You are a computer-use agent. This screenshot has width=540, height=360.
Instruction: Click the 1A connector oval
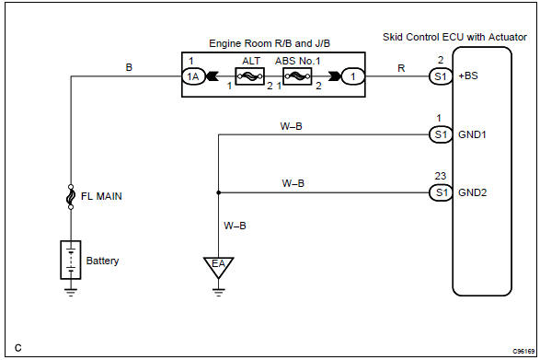coord(191,78)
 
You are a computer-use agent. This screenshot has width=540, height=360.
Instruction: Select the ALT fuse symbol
coord(250,78)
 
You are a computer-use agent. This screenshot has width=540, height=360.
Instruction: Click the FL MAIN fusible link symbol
coord(71,196)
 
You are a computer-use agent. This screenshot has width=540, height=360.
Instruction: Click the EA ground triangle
coord(218,268)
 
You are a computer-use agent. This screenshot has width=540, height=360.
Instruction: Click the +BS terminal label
coord(468,78)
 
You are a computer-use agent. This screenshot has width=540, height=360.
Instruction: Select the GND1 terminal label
coord(472,134)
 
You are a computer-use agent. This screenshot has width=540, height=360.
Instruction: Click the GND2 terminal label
coord(472,193)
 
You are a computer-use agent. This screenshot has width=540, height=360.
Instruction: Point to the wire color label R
coord(398,68)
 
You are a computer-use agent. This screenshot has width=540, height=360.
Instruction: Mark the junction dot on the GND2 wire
coord(218,193)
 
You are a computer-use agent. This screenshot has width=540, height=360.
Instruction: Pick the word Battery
coord(102,261)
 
